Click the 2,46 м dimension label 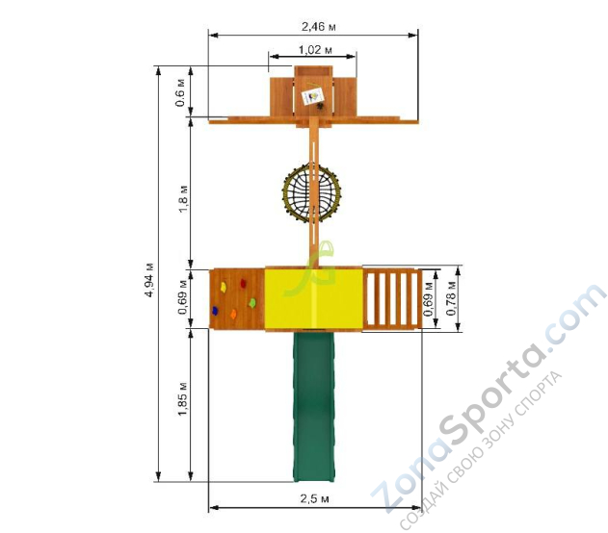[x=318, y=27]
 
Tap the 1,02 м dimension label [x=315, y=50]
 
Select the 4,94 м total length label [x=149, y=280]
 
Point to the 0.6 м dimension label [x=181, y=92]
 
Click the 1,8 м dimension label [x=183, y=198]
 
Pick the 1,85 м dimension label [x=183, y=399]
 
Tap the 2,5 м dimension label [x=314, y=498]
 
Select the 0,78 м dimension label [x=451, y=298]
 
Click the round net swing [x=312, y=192]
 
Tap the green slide [x=314, y=406]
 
